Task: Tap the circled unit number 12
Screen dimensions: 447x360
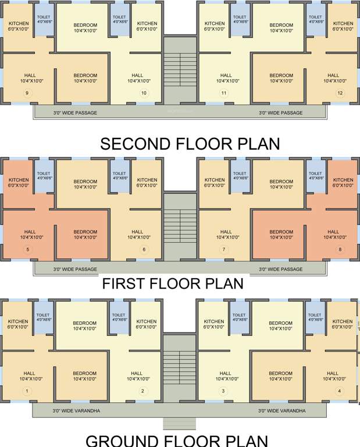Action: [340, 93]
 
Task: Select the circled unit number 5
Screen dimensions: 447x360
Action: [28, 250]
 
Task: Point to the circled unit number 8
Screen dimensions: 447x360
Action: [340, 250]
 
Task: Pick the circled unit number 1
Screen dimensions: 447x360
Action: [26, 391]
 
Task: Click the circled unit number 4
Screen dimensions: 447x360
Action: [340, 391]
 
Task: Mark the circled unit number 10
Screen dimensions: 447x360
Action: [144, 93]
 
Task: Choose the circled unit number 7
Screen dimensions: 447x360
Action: [223, 250]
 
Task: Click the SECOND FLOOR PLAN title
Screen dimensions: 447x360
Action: [190, 144]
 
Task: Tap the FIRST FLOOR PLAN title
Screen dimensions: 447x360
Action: [173, 284]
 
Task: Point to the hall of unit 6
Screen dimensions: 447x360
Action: [138, 234]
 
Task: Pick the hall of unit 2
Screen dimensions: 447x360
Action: [137, 376]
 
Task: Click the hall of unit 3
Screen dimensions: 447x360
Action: [226, 376]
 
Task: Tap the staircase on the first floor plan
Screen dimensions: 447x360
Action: [180, 226]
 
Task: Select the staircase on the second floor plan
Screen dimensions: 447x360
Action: [180, 70]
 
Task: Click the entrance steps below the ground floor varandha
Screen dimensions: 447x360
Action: [180, 423]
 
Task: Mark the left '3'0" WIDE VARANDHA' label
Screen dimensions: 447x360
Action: [77, 411]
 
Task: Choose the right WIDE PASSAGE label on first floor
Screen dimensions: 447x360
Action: [281, 269]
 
